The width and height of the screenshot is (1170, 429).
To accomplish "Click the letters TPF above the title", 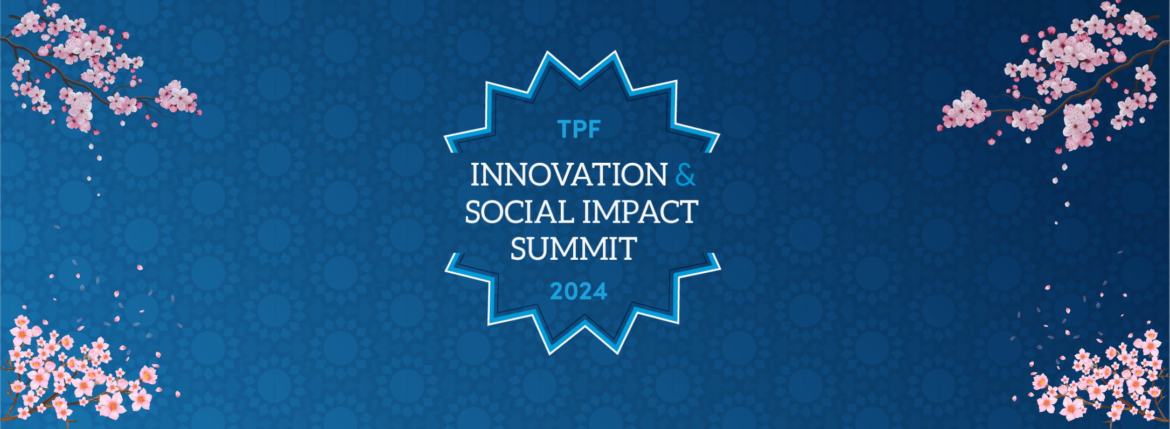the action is tap(579, 129).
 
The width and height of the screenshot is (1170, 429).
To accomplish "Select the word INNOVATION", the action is tap(569, 175).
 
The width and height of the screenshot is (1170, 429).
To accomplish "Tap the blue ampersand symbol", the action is tap(685, 175).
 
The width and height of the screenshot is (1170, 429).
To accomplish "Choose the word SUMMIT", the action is tap(574, 249).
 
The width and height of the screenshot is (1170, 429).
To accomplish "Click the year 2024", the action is tap(579, 292).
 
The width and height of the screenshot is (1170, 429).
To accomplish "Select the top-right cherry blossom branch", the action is tap(1056, 75).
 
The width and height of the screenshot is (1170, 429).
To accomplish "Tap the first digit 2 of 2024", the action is tap(556, 292).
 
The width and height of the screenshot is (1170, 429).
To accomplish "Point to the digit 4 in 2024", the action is tap(601, 292).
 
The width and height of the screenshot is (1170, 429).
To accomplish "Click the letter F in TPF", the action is tap(595, 129).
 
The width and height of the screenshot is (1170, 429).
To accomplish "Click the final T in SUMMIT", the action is tap(629, 249).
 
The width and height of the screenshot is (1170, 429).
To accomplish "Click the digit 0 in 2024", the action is tap(571, 292).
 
